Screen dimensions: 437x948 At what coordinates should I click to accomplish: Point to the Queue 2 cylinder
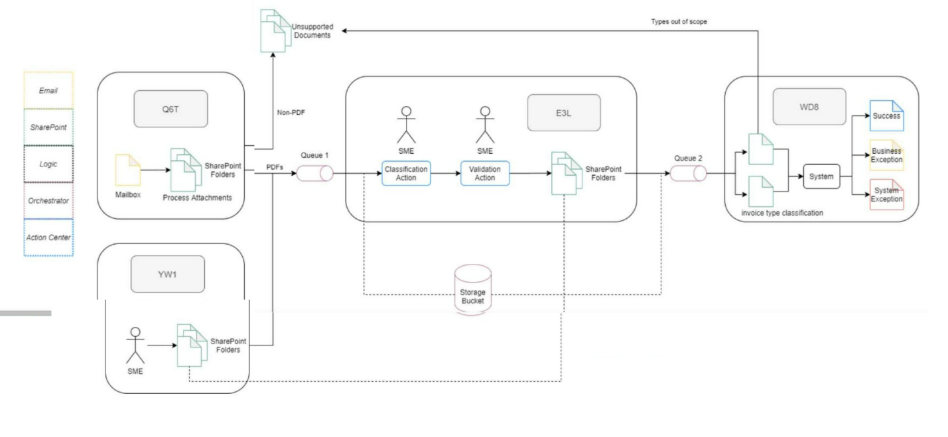[x=687, y=174]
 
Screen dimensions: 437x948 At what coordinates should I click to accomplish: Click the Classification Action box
[x=406, y=174]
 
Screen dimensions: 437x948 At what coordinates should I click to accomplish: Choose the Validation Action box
[x=485, y=174]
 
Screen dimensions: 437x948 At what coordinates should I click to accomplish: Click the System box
[x=821, y=176]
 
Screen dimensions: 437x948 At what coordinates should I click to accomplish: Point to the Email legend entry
[x=48, y=90]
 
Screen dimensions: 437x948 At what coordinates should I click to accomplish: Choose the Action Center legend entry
[x=48, y=237]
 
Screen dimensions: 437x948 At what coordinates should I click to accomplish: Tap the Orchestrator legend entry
[x=48, y=200]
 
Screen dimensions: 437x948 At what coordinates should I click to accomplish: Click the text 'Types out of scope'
[x=681, y=21]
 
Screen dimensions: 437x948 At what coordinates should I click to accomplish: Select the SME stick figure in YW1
[x=135, y=345]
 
